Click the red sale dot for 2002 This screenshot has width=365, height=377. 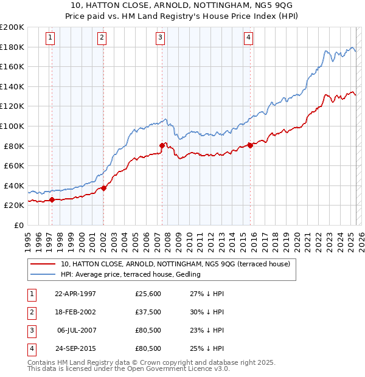pos(103,188)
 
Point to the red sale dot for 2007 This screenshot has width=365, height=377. pos(162,145)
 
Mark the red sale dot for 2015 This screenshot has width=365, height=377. pos(250,145)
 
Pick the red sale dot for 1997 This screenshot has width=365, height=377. pos(52,199)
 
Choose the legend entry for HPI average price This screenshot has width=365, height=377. pos(130,274)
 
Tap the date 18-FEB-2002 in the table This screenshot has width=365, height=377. pos(75,312)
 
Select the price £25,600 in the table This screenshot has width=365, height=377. pos(148,294)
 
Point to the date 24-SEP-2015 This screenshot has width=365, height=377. pos(75,348)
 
